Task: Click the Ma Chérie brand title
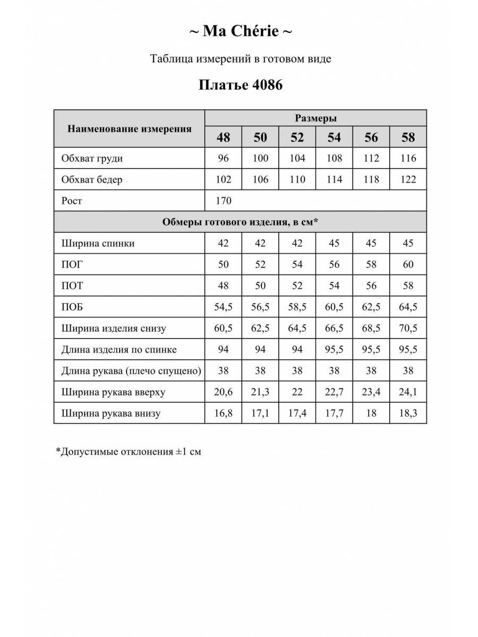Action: pos(241,32)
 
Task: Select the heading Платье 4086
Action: pos(241,85)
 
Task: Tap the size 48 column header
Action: pos(224,137)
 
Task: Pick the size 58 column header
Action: pos(408,137)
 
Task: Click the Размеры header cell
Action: pos(315,118)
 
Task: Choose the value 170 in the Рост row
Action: pos(224,201)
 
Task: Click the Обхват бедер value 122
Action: pos(408,180)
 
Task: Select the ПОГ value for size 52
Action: pos(297,265)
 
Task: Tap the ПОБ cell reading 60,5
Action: pos(334,307)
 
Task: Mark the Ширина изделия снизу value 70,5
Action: pos(408,329)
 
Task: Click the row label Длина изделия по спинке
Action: pos(119,350)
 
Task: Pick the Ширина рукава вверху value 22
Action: pos(297,392)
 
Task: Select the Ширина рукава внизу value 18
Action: pos(371,414)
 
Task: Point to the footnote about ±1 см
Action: pos(129,452)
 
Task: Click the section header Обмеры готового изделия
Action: pos(240,222)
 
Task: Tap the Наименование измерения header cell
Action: pos(130,129)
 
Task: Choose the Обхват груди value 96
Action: pos(224,159)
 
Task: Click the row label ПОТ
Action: pos(72,286)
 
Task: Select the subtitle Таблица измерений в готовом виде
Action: pos(241,59)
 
